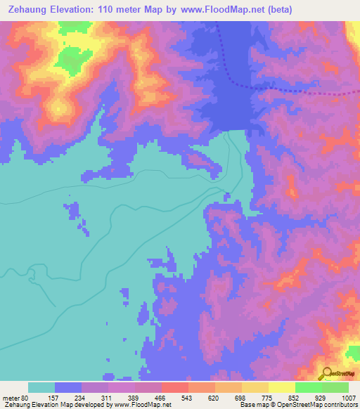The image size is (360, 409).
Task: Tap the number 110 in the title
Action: pyautogui.click(x=112, y=10)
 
